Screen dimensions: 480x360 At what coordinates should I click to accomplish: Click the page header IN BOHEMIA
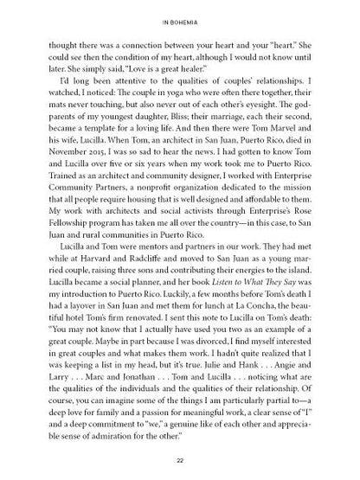pyautogui.click(x=180, y=17)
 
